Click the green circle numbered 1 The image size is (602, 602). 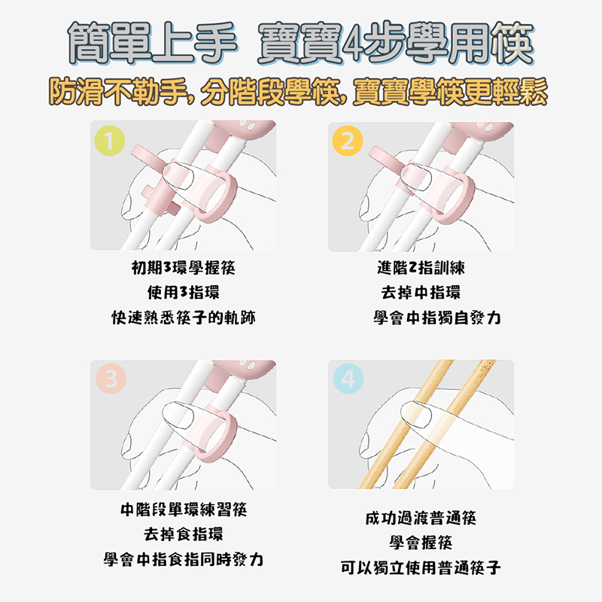pos(110,140)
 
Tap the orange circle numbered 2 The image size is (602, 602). pos(347,141)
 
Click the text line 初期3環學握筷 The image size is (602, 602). pos(183,269)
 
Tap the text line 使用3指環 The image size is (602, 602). pos(183,293)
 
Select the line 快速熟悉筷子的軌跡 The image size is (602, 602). pos(183,318)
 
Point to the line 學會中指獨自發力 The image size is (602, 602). pos(436,318)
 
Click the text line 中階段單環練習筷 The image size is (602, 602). pos(183,511)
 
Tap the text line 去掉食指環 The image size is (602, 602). pos(183,536)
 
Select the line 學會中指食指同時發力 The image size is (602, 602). pos(183,561)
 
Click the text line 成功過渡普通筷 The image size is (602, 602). pos(420,518)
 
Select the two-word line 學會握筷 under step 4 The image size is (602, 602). pos(420,543)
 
